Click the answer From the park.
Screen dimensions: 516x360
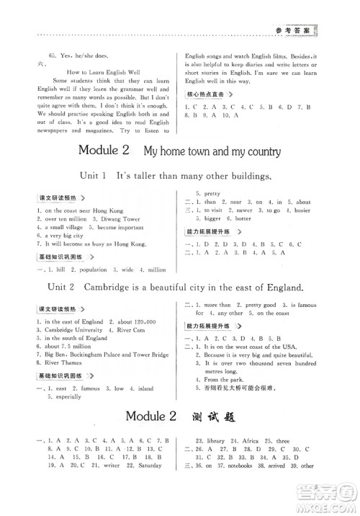click(225, 379)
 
